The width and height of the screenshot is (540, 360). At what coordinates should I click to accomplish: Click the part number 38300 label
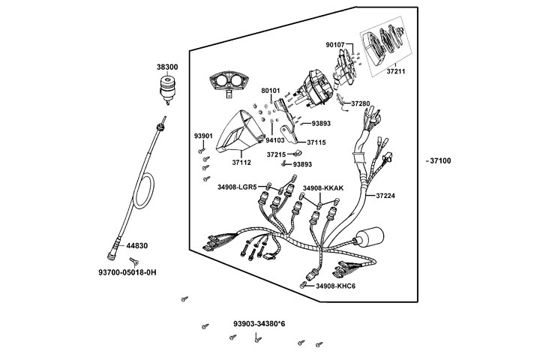(166, 67)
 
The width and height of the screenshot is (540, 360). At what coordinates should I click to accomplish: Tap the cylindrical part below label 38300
(166, 91)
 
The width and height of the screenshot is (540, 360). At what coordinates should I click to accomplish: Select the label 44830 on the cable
(136, 245)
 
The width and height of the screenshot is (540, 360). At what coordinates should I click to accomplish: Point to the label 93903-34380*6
(259, 324)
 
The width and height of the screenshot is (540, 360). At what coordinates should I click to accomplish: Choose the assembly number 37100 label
(437, 161)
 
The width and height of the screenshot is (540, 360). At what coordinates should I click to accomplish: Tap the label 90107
(335, 45)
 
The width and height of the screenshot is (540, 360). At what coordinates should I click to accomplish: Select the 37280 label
(361, 103)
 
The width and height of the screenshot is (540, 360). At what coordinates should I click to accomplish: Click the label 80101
(271, 91)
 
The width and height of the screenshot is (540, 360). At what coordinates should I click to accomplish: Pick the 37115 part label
(316, 142)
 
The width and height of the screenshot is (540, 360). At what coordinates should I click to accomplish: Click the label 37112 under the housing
(241, 161)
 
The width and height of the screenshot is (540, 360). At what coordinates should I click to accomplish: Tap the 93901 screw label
(203, 136)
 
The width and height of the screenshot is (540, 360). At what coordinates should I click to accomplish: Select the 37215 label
(277, 154)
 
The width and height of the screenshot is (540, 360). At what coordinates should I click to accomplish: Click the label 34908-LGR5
(237, 187)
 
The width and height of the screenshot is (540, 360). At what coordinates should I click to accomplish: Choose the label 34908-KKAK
(322, 187)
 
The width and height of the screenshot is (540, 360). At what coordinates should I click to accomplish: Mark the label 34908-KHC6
(335, 286)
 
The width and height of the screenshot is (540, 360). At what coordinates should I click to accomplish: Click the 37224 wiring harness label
(385, 196)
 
